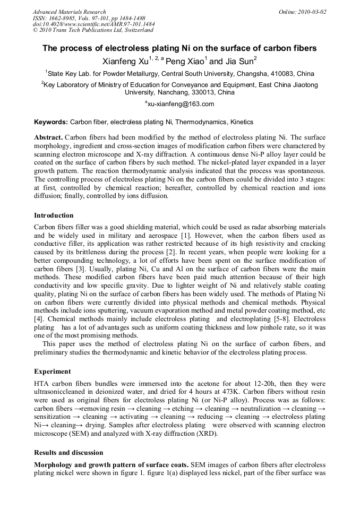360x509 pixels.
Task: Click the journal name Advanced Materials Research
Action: click(x=69, y=12)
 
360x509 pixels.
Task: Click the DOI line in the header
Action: click(x=94, y=24)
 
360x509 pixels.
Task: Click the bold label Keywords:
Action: click(x=51, y=122)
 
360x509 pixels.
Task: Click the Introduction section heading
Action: click(x=54, y=215)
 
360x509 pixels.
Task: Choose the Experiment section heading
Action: click(x=52, y=372)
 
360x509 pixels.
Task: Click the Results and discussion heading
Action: click(x=68, y=453)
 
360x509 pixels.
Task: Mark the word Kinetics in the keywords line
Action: click(x=242, y=122)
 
